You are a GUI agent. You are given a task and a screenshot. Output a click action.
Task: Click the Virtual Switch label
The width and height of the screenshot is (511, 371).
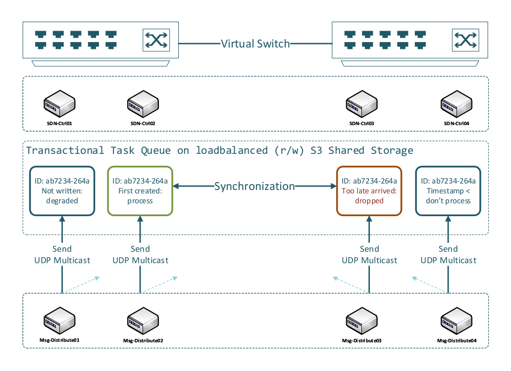click(x=255, y=44)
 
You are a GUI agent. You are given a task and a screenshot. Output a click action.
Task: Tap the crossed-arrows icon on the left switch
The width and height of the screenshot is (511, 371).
click(x=156, y=40)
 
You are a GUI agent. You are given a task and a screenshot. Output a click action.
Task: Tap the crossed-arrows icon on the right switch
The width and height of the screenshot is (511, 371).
click(x=466, y=40)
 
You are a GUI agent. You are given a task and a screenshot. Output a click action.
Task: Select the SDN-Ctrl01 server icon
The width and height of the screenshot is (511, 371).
click(x=58, y=102)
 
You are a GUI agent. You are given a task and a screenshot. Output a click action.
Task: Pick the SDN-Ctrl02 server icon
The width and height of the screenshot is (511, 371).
click(x=142, y=102)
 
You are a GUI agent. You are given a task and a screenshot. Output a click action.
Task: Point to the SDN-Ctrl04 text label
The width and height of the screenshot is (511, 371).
click(x=456, y=123)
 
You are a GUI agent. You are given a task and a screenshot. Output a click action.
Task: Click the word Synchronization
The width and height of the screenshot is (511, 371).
click(x=255, y=186)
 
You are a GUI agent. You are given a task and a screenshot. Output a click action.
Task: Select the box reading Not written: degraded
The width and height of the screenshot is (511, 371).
click(x=62, y=190)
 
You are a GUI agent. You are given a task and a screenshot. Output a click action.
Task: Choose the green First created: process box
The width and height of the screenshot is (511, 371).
click(x=140, y=190)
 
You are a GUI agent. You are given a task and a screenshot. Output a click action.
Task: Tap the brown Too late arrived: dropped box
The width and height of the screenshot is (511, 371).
click(x=369, y=190)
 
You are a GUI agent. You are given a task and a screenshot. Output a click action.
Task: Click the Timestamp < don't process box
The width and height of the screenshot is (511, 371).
click(x=448, y=190)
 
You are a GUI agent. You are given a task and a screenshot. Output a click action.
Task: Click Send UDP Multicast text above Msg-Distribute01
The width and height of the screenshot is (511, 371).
click(x=62, y=254)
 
